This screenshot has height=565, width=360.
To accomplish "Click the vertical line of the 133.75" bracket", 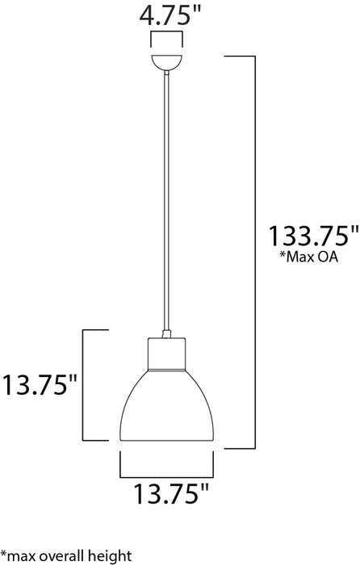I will pos(256,250).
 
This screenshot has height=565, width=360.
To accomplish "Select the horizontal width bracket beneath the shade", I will pos(168,472).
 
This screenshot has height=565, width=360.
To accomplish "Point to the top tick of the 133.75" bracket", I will pos(240,56).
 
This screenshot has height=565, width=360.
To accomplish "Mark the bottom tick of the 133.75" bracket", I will pos(240,446).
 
